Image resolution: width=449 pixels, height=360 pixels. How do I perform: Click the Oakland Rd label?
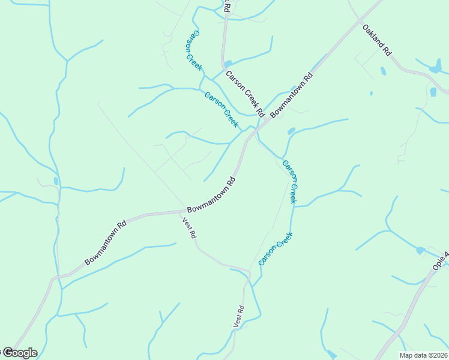[x=377, y=40]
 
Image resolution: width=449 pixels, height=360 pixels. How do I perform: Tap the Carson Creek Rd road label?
[x=245, y=94]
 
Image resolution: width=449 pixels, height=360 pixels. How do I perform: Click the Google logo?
[x=19, y=353]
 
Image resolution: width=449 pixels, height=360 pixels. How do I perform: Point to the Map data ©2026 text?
[x=423, y=355]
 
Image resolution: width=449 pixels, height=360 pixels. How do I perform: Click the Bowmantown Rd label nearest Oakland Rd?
[x=292, y=95]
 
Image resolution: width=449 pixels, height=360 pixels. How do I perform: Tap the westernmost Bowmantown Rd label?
[x=106, y=242]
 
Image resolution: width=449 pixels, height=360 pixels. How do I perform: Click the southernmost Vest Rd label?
[x=239, y=316]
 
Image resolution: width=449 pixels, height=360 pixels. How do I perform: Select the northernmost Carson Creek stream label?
[x=193, y=50]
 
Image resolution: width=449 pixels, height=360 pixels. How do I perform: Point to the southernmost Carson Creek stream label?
[x=275, y=249]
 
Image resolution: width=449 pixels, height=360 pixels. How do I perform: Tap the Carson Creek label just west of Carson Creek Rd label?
[x=221, y=108]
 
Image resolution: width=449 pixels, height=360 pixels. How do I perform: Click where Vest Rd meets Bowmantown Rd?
[x=183, y=211]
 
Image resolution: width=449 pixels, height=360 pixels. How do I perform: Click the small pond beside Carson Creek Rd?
[x=228, y=64]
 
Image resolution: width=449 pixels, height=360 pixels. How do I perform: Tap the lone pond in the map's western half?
[x=56, y=181]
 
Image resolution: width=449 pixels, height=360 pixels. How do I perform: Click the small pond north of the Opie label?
[x=420, y=250]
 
